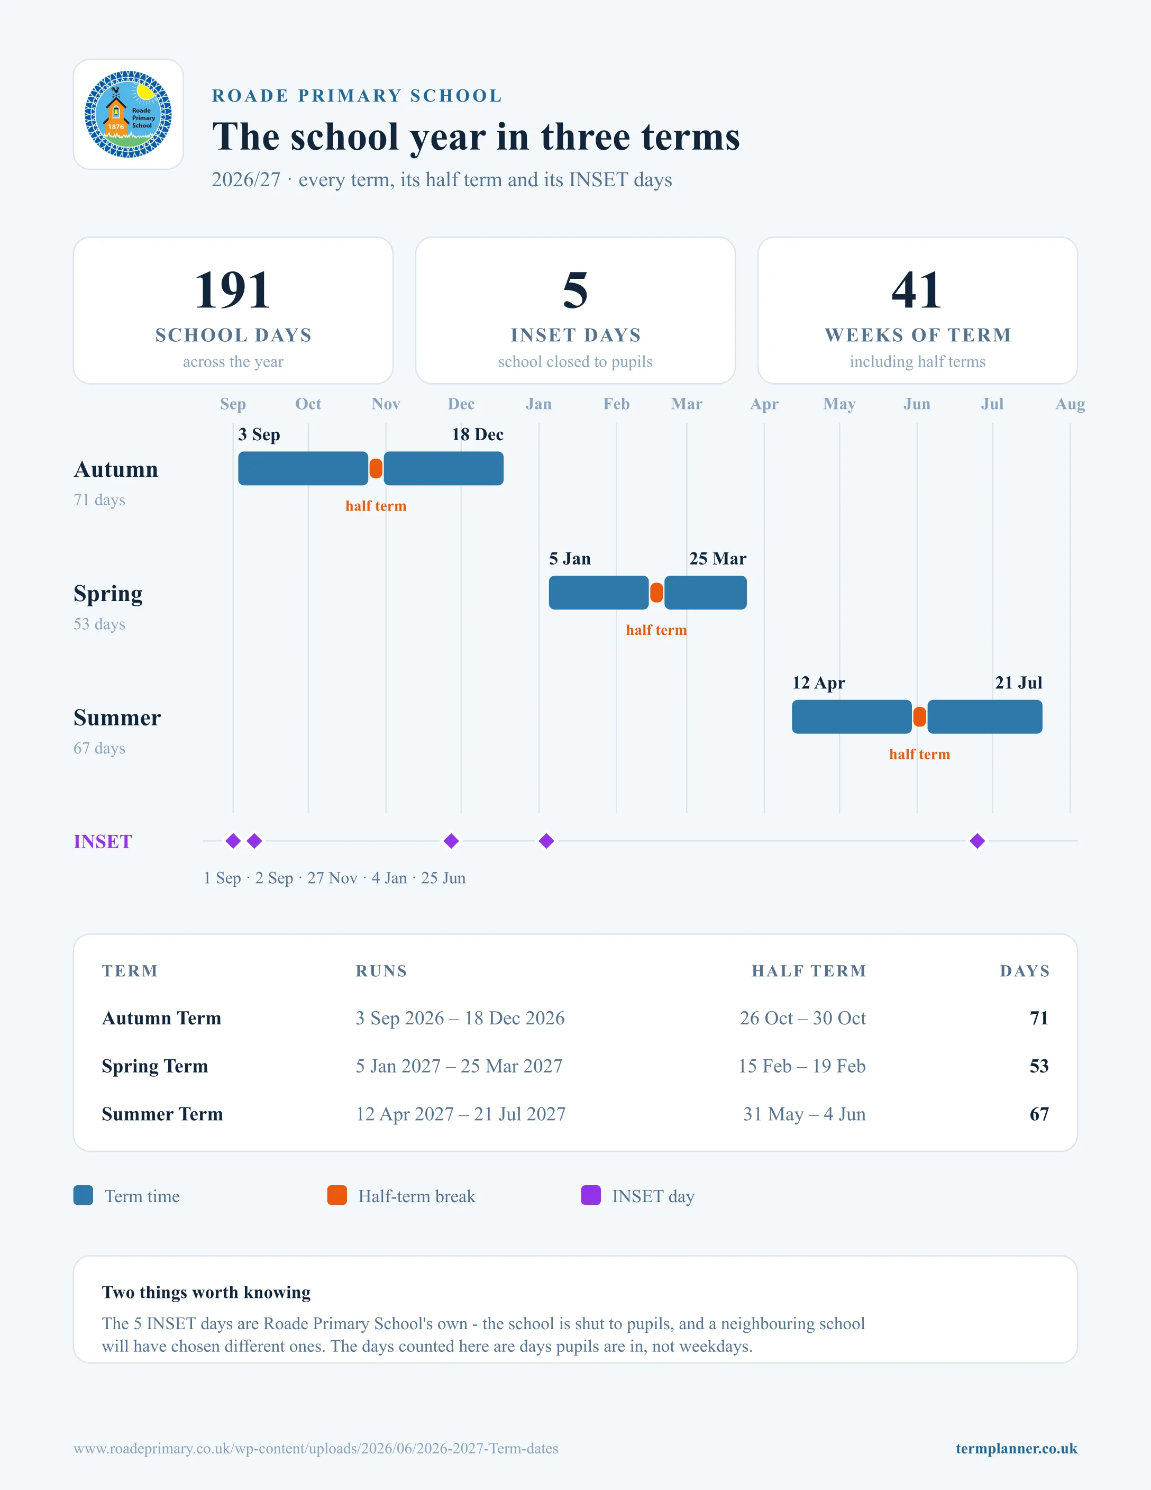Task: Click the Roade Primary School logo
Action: tap(128, 114)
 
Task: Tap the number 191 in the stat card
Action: tap(233, 290)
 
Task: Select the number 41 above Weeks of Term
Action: tap(917, 290)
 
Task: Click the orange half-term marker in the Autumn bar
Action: tap(376, 469)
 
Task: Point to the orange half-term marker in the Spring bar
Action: tap(656, 593)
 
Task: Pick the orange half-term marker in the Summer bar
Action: tap(920, 717)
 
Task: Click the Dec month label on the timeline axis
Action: tap(461, 404)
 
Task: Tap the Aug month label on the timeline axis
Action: tap(1070, 404)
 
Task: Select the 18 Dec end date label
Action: tap(477, 434)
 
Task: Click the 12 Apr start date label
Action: tap(818, 683)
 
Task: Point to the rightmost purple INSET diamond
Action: tap(977, 841)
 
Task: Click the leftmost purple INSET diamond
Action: tap(233, 841)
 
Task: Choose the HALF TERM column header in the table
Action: tap(809, 971)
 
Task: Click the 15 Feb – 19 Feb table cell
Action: tap(802, 1066)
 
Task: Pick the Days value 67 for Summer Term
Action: tap(1039, 1114)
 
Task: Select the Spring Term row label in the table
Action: tap(155, 1066)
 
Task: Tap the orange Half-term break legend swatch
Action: tap(337, 1195)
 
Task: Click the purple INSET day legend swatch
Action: tap(590, 1195)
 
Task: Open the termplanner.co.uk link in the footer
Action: tap(1016, 1448)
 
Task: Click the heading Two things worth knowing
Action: tap(206, 1292)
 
